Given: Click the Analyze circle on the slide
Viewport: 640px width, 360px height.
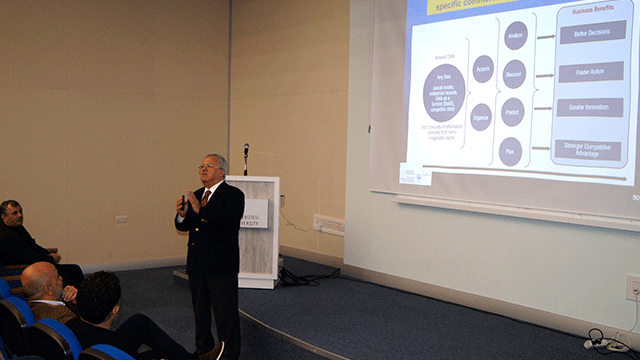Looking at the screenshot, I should [x=516, y=35].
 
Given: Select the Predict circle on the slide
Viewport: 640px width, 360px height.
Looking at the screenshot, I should [x=512, y=111].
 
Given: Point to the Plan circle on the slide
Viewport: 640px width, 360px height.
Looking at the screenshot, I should [x=510, y=151].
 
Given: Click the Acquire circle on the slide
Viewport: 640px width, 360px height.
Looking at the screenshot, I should [x=483, y=69].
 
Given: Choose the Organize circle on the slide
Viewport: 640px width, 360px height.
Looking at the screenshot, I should [x=481, y=117].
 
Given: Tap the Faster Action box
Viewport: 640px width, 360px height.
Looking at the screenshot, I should [x=589, y=72].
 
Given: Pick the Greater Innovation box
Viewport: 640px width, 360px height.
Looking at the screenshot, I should [x=589, y=107].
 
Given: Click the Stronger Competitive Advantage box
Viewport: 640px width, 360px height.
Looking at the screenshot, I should [x=587, y=149].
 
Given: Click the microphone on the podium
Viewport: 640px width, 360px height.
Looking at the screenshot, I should [x=246, y=151].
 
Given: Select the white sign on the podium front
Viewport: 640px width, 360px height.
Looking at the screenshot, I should [x=256, y=213].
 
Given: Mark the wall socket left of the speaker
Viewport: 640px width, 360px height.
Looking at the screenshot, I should [x=121, y=219].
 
